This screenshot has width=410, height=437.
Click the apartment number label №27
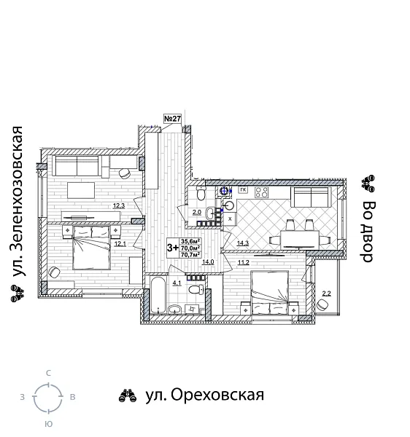point(172,119)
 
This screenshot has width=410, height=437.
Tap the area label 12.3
point(119,206)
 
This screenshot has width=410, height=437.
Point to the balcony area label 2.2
point(326,293)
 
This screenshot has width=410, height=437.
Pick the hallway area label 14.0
point(208,261)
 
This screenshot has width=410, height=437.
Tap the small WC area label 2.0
point(196,213)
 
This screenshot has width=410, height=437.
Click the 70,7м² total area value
point(190,255)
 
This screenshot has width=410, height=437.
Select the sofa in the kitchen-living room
point(314,197)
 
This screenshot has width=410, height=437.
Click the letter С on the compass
point(48,373)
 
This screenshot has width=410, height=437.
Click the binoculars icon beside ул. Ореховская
point(128,395)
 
